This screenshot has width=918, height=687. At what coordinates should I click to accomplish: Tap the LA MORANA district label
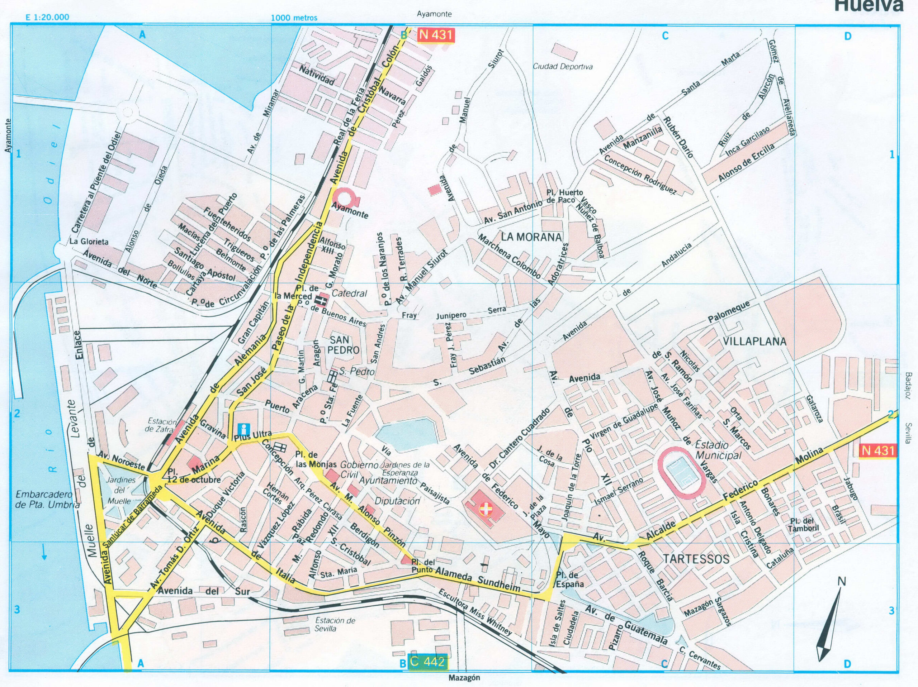531,237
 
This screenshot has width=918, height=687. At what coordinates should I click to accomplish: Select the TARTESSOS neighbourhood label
696,559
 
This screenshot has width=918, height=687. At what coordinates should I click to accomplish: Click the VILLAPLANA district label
754,342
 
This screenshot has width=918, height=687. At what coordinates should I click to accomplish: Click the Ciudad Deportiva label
563,66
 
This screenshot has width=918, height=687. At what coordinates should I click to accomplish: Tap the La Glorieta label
89,242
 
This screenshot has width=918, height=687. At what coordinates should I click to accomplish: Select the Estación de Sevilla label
335,624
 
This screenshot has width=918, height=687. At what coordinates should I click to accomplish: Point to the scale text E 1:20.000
47,18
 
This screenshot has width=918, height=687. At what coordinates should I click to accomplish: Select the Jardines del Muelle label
121,490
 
